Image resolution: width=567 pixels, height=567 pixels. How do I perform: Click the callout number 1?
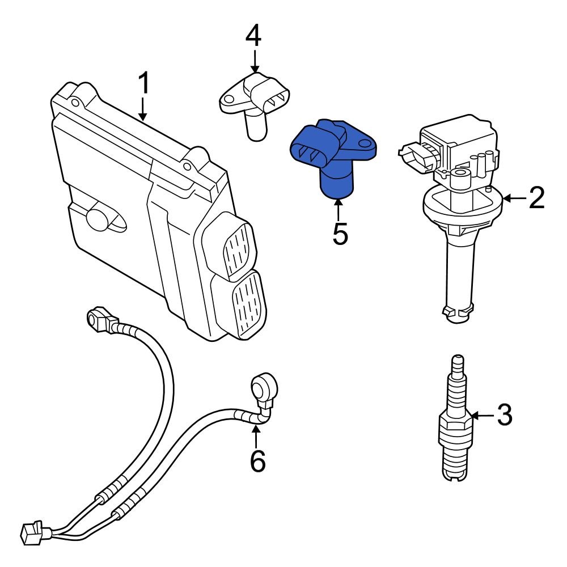pos(144,83)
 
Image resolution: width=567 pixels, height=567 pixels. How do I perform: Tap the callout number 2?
pos(536,198)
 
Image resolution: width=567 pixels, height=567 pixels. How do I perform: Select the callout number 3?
pos(504,415)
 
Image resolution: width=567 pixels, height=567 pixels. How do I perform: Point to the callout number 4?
pos(253,36)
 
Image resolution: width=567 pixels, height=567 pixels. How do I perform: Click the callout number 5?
pos(340,234)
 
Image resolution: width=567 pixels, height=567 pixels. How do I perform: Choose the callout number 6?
pos(257,462)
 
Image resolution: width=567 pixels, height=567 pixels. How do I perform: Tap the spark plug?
pos(456,425)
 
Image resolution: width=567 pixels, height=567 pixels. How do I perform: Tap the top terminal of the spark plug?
pos(457,362)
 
